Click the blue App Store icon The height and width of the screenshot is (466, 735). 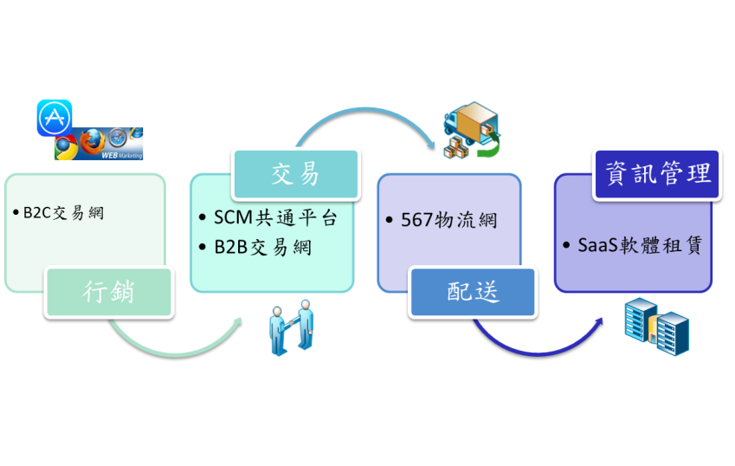(55, 118)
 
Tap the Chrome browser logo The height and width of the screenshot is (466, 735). (65, 148)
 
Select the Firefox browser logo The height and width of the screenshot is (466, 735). (91, 141)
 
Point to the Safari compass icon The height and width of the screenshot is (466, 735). (118, 138)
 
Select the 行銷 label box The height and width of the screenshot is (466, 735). (107, 292)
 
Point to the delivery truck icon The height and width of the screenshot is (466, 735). (471, 130)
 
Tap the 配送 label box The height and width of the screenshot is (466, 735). (473, 292)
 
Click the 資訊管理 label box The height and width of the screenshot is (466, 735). (657, 174)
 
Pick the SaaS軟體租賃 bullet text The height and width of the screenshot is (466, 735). (638, 245)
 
